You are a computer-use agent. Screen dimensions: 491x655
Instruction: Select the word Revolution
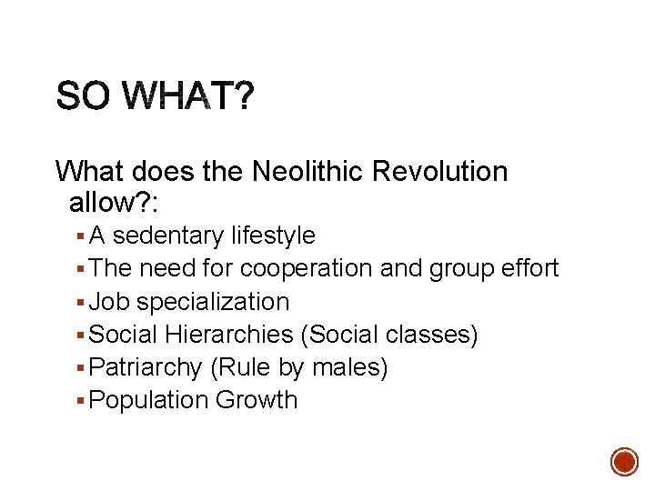point(446,171)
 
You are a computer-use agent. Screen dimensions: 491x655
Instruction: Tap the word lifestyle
point(272,235)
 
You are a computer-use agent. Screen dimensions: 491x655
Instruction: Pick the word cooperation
point(316,268)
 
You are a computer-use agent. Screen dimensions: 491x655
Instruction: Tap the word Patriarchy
point(146,367)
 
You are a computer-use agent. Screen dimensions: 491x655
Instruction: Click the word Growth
point(257,400)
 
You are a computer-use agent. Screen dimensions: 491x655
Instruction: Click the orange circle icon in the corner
point(624,461)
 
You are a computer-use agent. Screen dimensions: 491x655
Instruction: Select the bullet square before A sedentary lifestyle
point(82,236)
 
